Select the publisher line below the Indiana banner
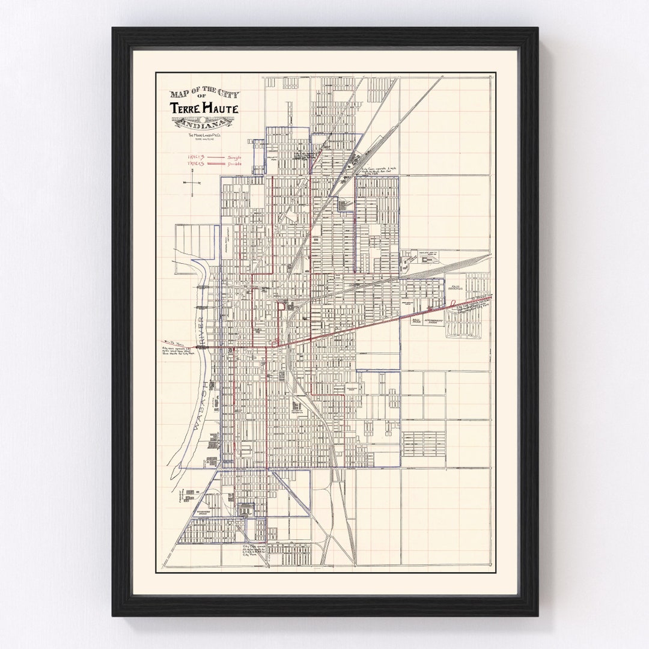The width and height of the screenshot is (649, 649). pyautogui.click(x=196, y=135)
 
